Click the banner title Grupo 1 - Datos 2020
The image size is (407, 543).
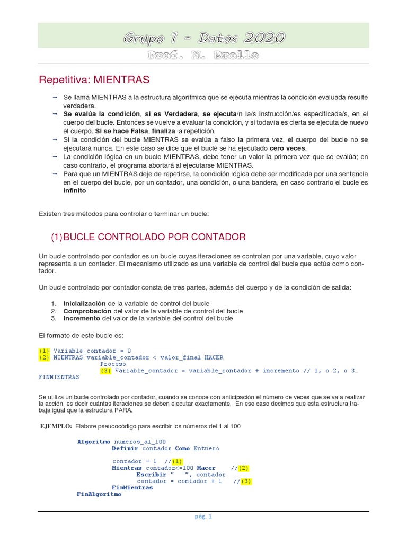(x=204, y=38)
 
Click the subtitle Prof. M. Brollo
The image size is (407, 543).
(x=204, y=56)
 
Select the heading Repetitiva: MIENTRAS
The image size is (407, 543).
(x=94, y=80)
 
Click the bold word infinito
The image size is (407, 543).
(x=74, y=190)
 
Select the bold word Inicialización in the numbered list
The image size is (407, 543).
(x=85, y=304)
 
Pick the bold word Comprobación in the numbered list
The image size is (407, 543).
(x=87, y=311)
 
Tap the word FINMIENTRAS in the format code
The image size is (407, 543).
(x=59, y=377)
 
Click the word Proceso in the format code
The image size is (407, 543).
(x=113, y=364)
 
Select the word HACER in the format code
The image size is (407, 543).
(x=214, y=357)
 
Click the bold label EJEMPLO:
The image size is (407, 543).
(x=56, y=426)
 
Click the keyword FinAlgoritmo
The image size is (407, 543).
(x=99, y=494)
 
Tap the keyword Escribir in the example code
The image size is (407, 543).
(x=151, y=475)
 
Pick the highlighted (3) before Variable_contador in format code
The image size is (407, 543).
(x=106, y=371)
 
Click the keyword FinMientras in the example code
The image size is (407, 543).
(x=132, y=487)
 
